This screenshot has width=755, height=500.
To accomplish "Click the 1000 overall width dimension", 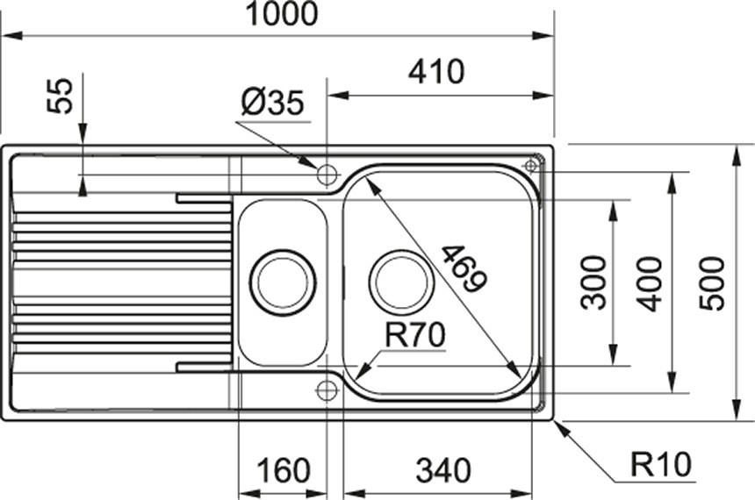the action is pos(282,13).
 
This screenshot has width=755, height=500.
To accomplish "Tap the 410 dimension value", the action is pos(436,71).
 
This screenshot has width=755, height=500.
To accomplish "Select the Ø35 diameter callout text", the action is pos(272,103).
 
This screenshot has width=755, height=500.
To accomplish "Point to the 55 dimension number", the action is pos(61,96).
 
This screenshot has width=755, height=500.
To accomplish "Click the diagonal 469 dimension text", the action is pos(464,268).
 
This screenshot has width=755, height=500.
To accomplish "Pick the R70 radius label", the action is pos(415,335).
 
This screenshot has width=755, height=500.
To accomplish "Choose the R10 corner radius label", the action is pos(660,464).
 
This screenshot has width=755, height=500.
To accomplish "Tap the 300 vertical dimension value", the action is pos(593,282).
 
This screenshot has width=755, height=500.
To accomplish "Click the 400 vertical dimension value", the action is pos(649,284).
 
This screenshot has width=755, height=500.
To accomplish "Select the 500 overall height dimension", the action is pos(712,284).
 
